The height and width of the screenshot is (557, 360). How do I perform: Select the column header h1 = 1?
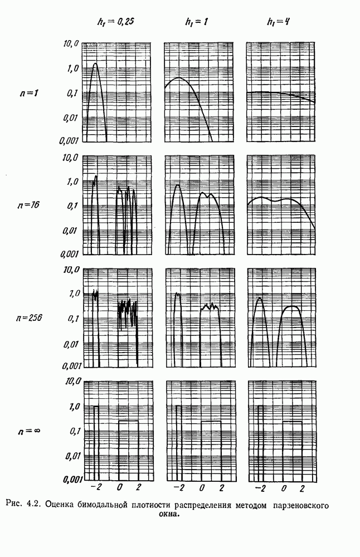click(197, 22)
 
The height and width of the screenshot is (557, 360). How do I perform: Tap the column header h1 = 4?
click(278, 22)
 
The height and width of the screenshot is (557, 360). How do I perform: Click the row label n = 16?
click(28, 205)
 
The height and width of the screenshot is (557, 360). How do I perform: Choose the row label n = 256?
click(29, 317)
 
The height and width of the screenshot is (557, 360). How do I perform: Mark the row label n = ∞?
click(29, 431)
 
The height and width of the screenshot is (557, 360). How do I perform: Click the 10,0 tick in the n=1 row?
click(70, 44)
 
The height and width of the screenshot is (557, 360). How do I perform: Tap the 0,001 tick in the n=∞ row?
click(72, 480)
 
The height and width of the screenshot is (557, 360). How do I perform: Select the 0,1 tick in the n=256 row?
click(73, 319)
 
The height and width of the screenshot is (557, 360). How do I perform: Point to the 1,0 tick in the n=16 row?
click(73, 182)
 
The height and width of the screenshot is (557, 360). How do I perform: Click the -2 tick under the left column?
click(96, 487)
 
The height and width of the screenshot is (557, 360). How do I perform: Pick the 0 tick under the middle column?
click(202, 488)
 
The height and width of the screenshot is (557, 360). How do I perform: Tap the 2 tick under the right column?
click(302, 489)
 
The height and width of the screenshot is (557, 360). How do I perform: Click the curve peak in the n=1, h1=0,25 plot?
click(95, 63)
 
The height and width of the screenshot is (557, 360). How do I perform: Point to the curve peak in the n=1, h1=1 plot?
click(178, 77)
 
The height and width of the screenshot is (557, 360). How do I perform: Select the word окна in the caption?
click(169, 514)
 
